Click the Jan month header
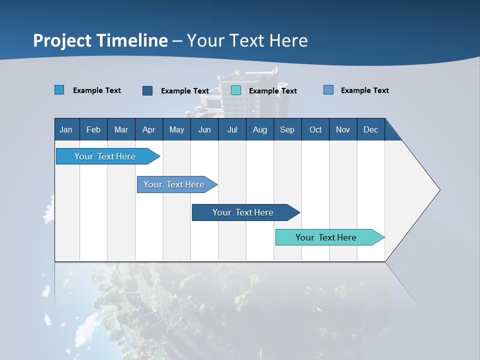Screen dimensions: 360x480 pos(66,129)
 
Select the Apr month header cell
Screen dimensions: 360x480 pos(149,129)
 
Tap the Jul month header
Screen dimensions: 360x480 pos(232,129)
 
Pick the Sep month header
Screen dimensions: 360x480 pos(287,129)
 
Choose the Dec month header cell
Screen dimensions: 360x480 pos(370,129)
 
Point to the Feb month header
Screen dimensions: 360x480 pos(93,129)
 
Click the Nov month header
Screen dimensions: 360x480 pos(342,129)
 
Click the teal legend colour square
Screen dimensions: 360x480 pos(236,90)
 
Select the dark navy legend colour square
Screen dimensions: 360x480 pos(147,90)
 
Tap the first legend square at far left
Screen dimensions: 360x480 pos(59,90)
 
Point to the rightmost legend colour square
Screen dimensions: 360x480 pos(328,90)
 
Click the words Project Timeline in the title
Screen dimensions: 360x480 pos(100,40)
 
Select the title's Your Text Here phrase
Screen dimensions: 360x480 pos(247,40)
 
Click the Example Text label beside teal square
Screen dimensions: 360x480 pos(272,91)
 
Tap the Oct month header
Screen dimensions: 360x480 pos(315,129)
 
